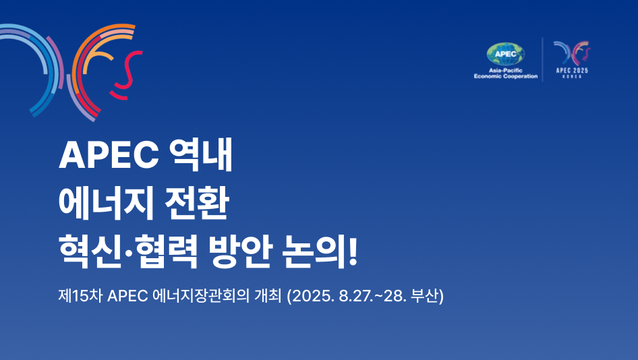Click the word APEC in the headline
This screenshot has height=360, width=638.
point(109,154)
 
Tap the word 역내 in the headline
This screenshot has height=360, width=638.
point(200,154)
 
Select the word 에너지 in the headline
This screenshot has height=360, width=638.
point(106,203)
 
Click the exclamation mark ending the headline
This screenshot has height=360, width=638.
point(353,252)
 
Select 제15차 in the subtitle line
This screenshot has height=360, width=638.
point(80,296)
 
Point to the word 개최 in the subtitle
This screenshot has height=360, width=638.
point(268,296)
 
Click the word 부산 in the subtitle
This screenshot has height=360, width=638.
point(424,296)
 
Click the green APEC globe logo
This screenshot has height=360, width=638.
point(505,55)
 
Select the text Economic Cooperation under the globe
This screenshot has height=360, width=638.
point(506,76)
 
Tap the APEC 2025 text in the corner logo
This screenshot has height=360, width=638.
point(572,70)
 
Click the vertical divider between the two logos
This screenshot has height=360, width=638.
point(542,59)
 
